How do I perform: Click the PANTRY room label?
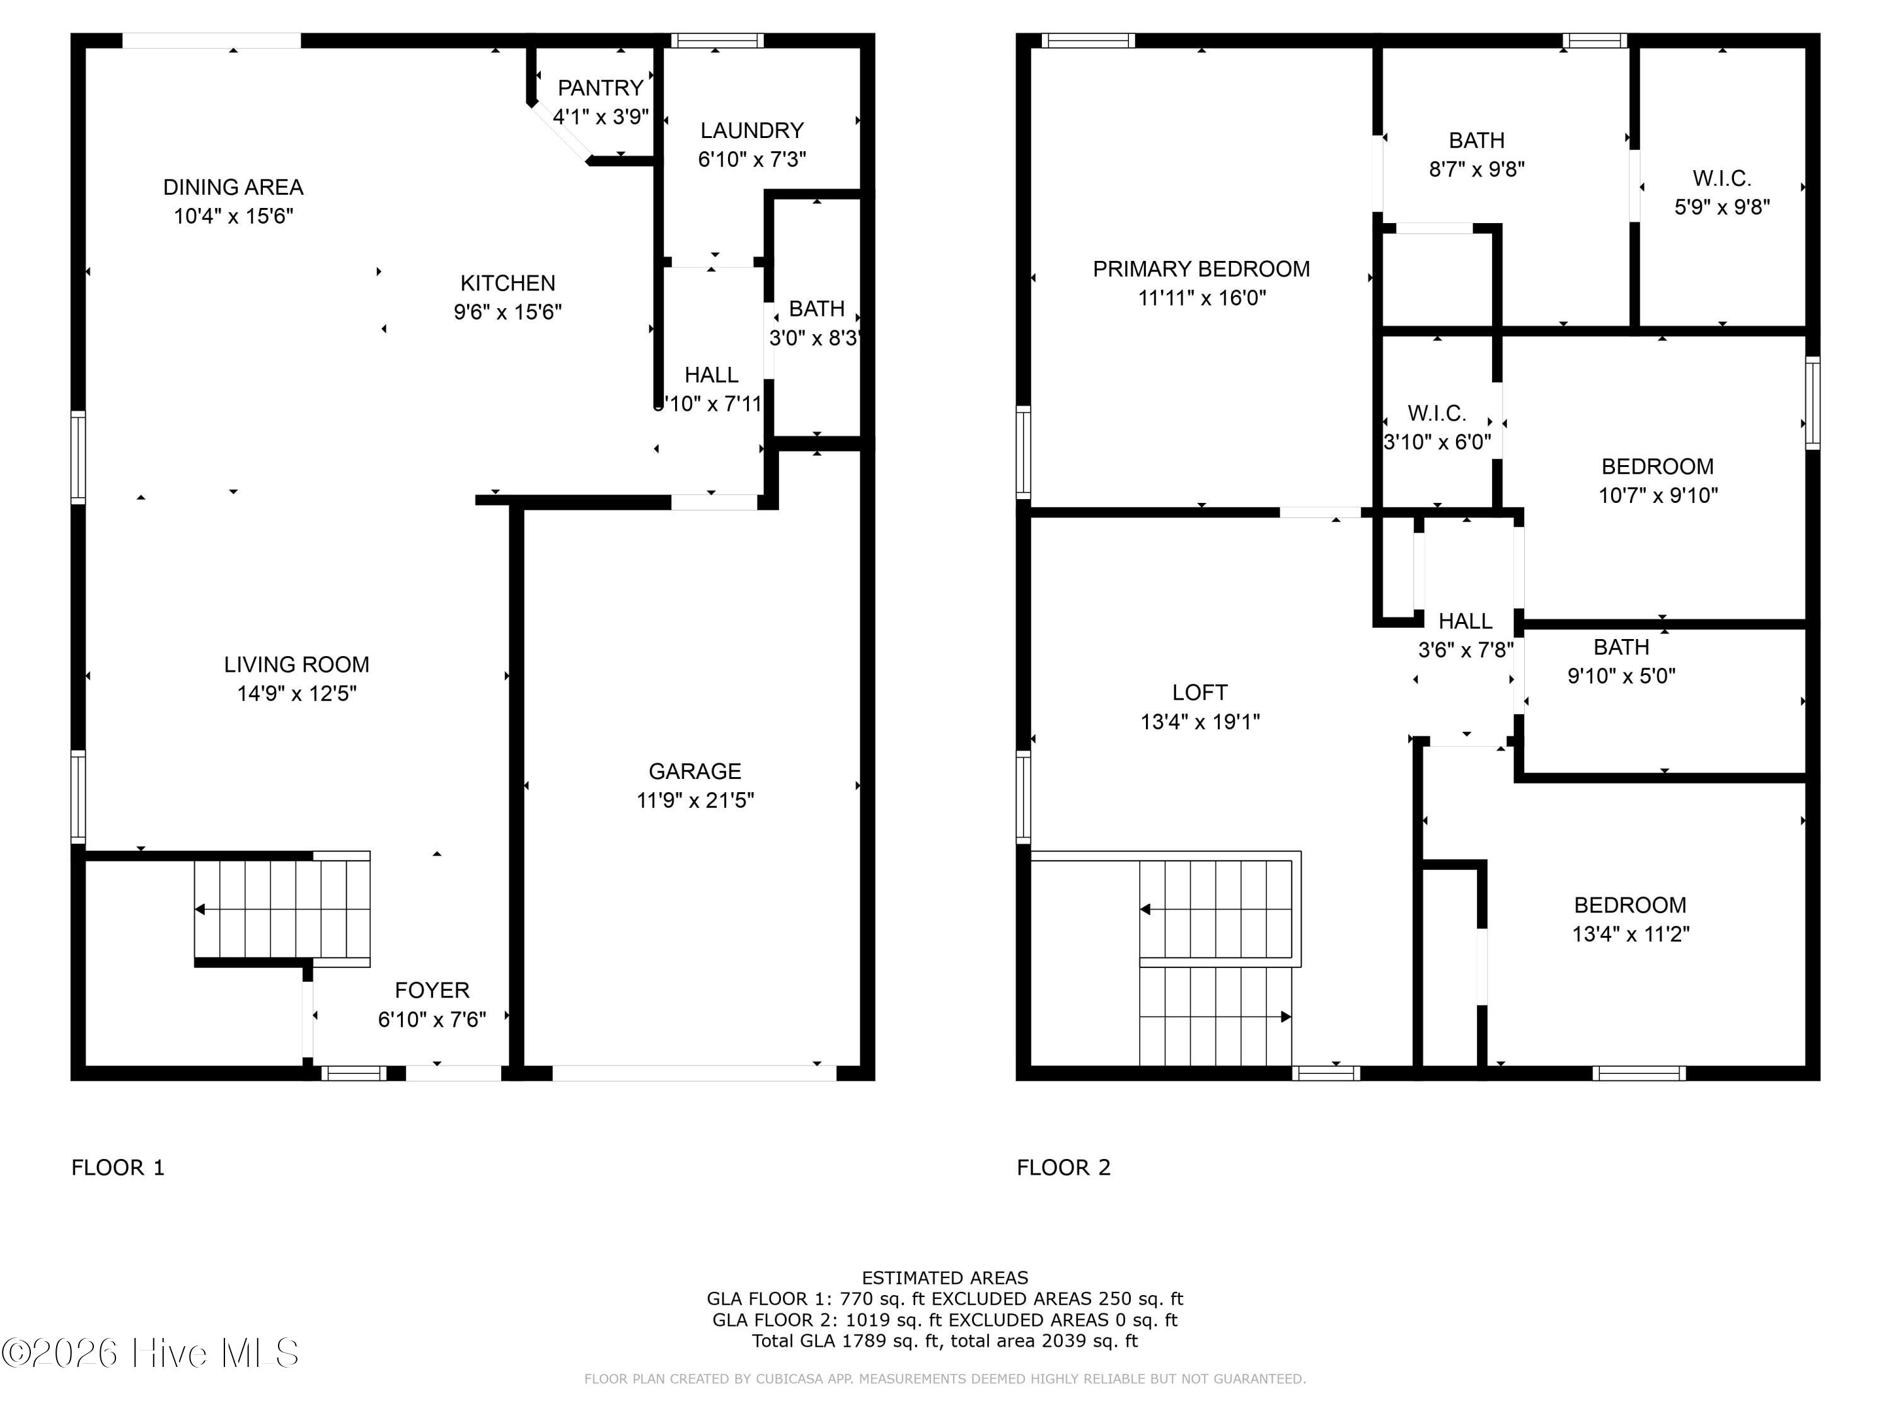click(x=600, y=88)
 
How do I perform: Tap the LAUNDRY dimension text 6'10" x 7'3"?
click(x=752, y=160)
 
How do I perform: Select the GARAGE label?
click(x=695, y=772)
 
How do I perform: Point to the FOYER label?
click(x=432, y=991)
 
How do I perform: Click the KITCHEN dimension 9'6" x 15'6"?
click(x=508, y=312)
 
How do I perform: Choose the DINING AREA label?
click(x=233, y=187)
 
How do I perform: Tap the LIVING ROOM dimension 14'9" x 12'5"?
click(x=297, y=693)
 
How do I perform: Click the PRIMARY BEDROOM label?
click(x=1201, y=269)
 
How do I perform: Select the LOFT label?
click(x=1200, y=693)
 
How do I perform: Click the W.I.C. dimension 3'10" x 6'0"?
click(x=1437, y=443)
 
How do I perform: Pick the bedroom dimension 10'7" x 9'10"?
click(x=1658, y=496)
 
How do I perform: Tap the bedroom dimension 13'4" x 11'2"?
click(x=1631, y=934)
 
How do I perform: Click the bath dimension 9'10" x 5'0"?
click(x=1622, y=677)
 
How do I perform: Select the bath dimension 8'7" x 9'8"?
click(x=1478, y=170)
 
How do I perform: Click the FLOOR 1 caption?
click(x=118, y=1168)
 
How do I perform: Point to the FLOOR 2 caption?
click(x=1063, y=1168)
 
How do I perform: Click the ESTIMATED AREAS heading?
click(x=945, y=1278)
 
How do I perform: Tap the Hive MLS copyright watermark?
click(x=151, y=1353)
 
